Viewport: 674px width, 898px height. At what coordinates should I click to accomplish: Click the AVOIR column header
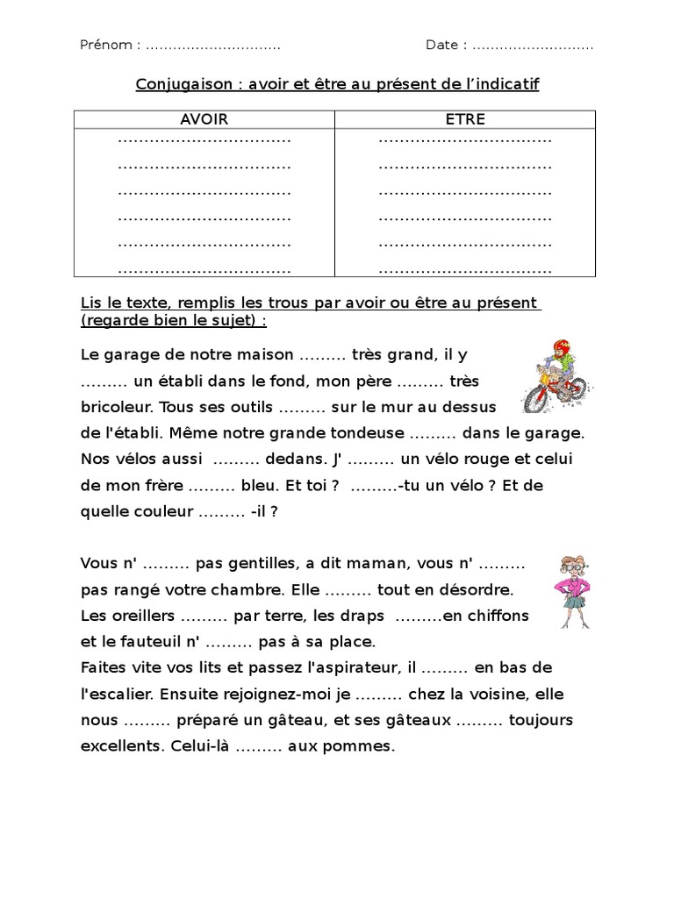click(x=204, y=119)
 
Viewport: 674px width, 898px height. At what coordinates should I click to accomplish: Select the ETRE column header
click(x=465, y=119)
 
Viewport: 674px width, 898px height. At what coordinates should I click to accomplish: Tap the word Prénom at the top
click(x=106, y=45)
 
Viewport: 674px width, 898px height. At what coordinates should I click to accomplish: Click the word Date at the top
click(x=443, y=45)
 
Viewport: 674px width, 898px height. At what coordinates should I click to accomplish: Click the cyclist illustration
click(x=555, y=376)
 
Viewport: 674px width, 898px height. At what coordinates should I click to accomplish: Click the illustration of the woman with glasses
click(x=575, y=590)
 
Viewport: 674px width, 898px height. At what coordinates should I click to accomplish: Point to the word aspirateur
click(x=356, y=668)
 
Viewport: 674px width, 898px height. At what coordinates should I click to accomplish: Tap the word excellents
click(x=118, y=747)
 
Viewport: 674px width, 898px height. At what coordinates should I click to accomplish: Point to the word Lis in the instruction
click(x=90, y=303)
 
